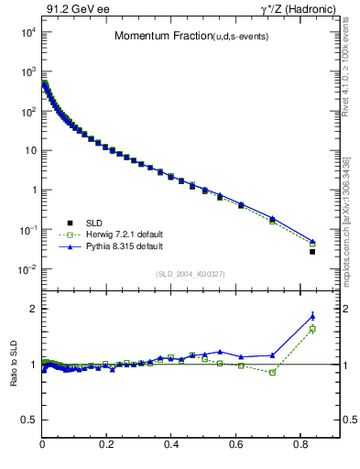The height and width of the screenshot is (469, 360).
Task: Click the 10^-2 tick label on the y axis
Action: click(x=27, y=269)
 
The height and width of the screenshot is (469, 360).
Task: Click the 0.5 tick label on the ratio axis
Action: click(x=27, y=420)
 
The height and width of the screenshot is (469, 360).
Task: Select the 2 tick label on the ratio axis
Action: click(x=32, y=309)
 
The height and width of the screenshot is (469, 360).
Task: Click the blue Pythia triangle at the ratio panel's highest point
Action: click(x=312, y=316)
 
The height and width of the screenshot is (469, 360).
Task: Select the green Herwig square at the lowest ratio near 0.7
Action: click(x=272, y=372)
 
